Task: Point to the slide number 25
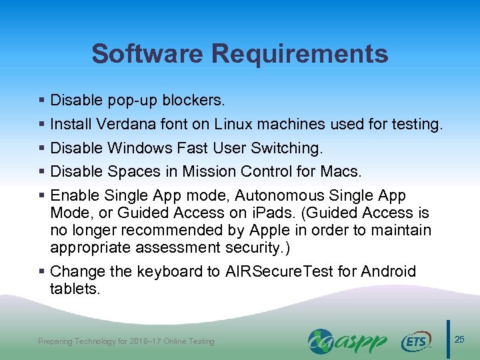click(459, 341)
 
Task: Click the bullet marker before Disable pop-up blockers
click(42, 101)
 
